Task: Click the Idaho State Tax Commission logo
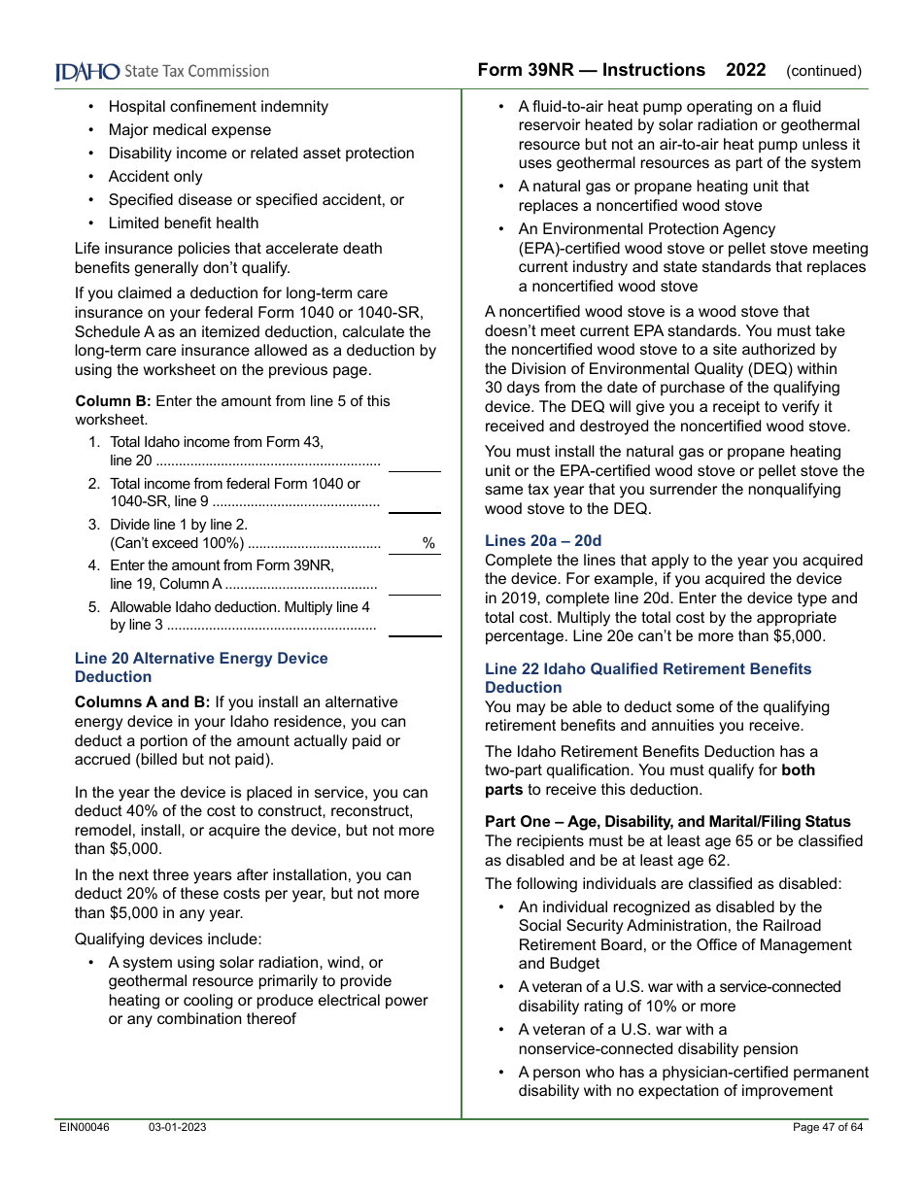coord(161,71)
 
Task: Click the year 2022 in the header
coord(745,70)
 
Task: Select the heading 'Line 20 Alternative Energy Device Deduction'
coord(201,667)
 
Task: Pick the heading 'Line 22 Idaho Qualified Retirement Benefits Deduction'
coord(647,678)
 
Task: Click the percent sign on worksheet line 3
coord(428,544)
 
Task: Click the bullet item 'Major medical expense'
coord(189,130)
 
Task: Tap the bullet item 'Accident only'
coord(155,177)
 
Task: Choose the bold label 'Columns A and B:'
coord(142,702)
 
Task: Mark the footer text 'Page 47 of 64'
coord(828,1127)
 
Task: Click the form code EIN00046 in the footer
coord(85,1127)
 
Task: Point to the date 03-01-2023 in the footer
coord(177,1127)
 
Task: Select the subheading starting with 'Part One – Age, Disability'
coord(667,822)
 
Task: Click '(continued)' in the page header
coord(824,71)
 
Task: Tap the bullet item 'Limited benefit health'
coord(184,223)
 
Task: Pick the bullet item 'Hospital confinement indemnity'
coord(218,107)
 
